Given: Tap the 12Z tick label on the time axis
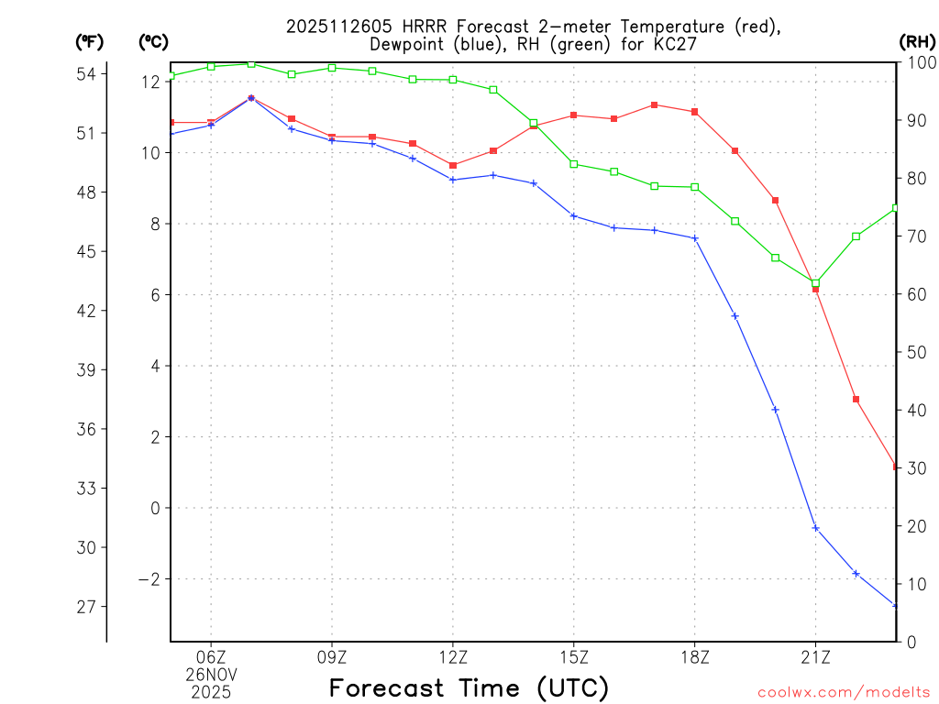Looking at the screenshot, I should tap(453, 656).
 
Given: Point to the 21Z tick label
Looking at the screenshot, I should tap(815, 656).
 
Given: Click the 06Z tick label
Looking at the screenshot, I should tap(211, 656).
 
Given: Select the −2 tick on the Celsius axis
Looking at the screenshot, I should tap(148, 579).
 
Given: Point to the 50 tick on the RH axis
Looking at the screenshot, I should tap(914, 352).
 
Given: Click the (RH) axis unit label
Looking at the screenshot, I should tap(917, 41).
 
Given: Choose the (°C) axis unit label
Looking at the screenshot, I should tap(154, 41).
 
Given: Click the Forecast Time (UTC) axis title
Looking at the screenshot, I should tap(469, 687).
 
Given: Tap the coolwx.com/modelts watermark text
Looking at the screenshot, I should tap(844, 692).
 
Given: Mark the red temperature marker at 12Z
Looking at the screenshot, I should tap(453, 165).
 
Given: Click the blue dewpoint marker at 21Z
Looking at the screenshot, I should tap(815, 528).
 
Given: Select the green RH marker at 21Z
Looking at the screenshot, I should tap(815, 282).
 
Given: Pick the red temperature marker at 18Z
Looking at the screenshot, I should tap(695, 112).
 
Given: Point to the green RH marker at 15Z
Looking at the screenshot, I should tap(574, 164).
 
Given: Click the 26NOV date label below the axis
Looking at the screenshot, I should tap(211, 674).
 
